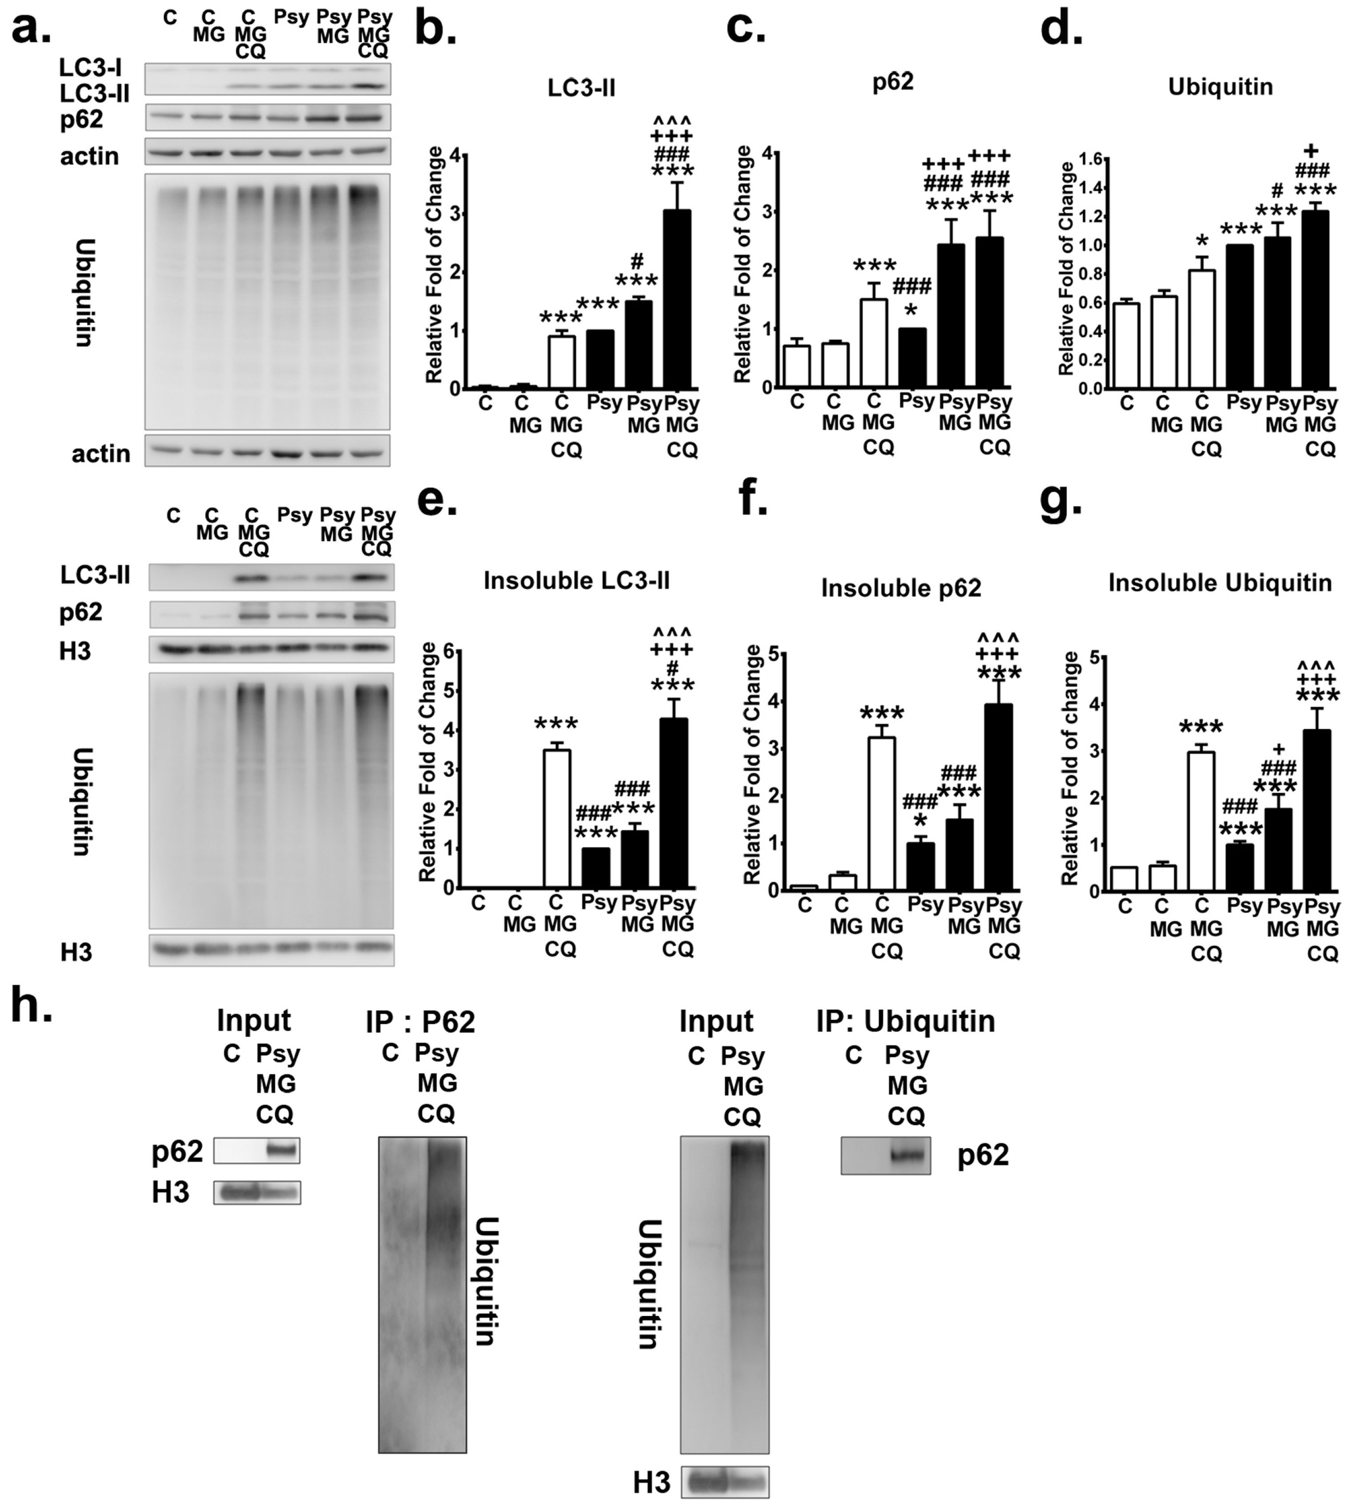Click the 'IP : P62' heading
(420, 1022)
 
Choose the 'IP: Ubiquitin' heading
(905, 1021)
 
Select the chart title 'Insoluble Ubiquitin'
(1220, 583)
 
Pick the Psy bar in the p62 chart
(913, 357)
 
